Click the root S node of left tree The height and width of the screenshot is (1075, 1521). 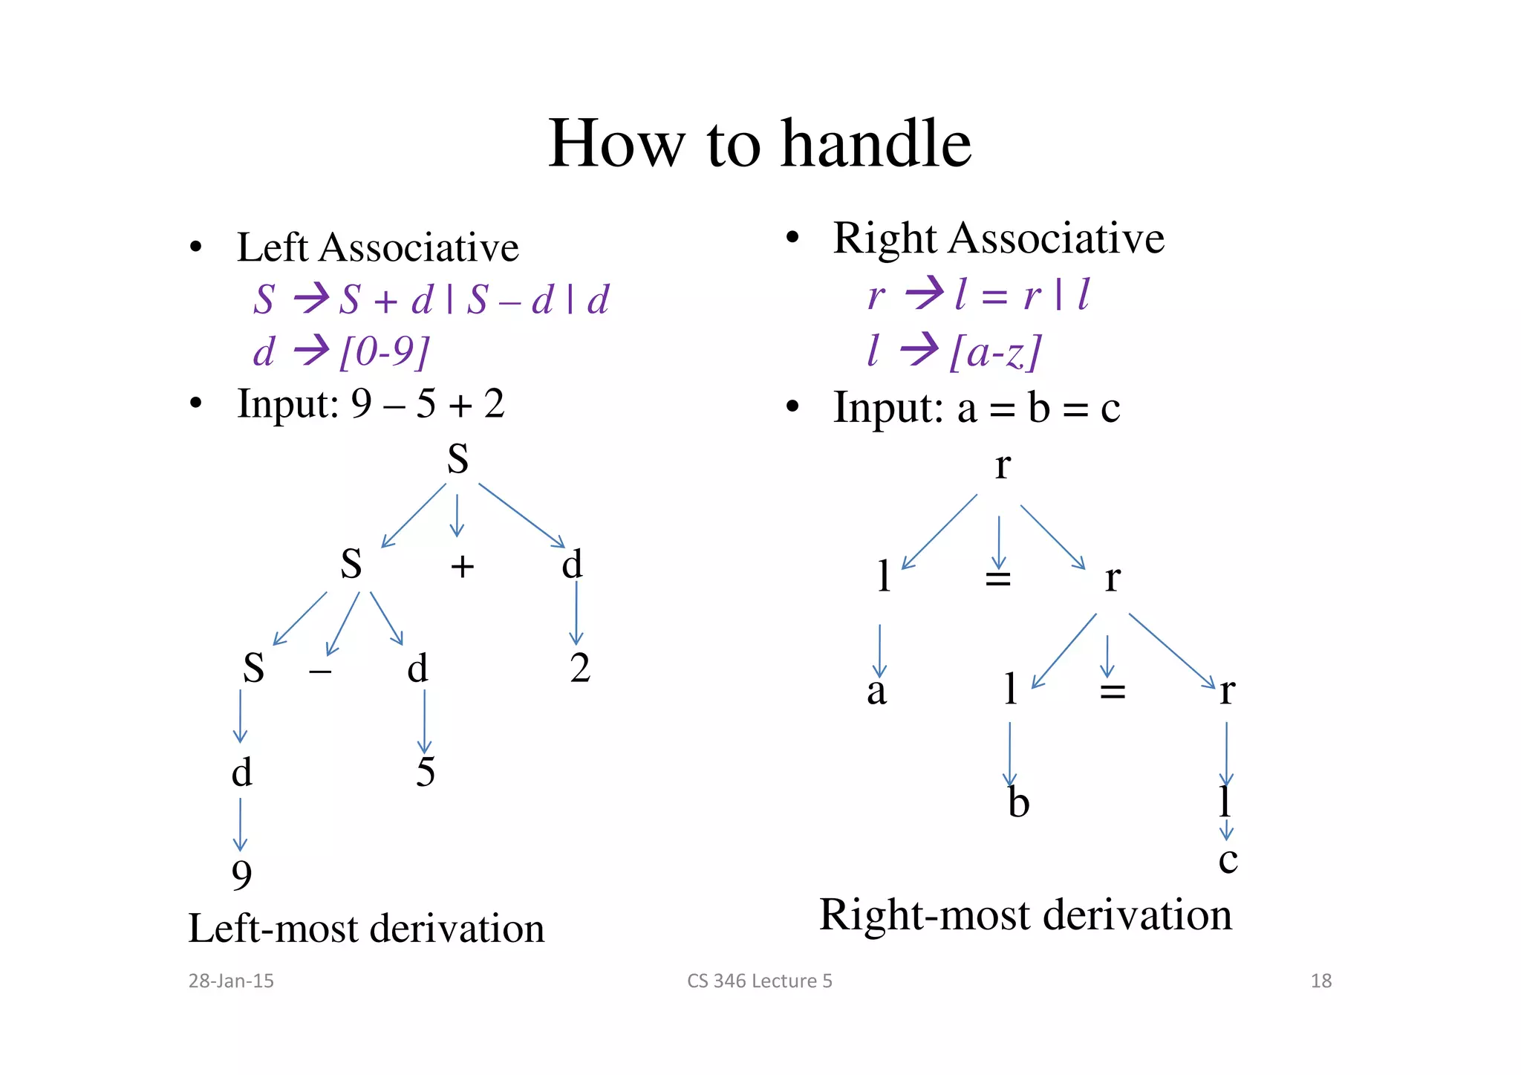457,459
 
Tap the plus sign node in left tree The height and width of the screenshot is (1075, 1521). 462,567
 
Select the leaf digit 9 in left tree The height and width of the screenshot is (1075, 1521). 242,875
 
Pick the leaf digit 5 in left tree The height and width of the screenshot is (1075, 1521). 425,772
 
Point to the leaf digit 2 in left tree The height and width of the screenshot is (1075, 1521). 580,668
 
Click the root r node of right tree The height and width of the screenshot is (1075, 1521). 1003,466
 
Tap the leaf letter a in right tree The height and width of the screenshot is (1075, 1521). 876,691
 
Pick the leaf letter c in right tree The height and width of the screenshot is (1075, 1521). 1228,860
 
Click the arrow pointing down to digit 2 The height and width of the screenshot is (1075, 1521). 576,613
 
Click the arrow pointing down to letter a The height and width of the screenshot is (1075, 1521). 880,650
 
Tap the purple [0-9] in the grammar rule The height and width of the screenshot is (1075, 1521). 384,351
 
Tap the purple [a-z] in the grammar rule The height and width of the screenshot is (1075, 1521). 995,351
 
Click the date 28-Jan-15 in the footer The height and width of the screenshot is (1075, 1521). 231,981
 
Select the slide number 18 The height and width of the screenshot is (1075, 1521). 1320,981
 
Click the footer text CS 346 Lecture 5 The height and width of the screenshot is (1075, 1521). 759,981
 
